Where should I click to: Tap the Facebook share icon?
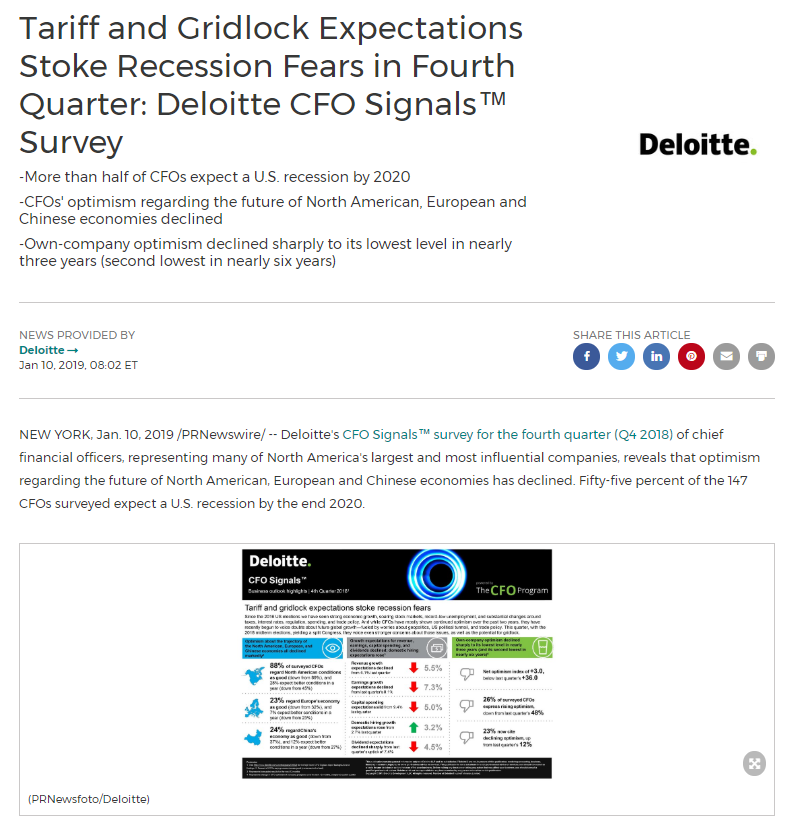[x=587, y=356]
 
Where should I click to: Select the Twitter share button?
[x=622, y=356]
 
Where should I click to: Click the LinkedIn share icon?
[x=657, y=356]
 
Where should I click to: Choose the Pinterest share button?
[x=692, y=356]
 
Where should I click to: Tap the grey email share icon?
[x=727, y=356]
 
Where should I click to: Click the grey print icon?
[x=761, y=356]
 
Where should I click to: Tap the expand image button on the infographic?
[x=754, y=763]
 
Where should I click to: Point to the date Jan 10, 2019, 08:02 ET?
[x=78, y=365]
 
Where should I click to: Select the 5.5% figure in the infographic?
[x=433, y=667]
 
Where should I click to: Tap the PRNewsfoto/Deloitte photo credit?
[x=89, y=798]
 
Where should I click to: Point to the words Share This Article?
[x=631, y=335]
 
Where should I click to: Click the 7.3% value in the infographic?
[x=433, y=687]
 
